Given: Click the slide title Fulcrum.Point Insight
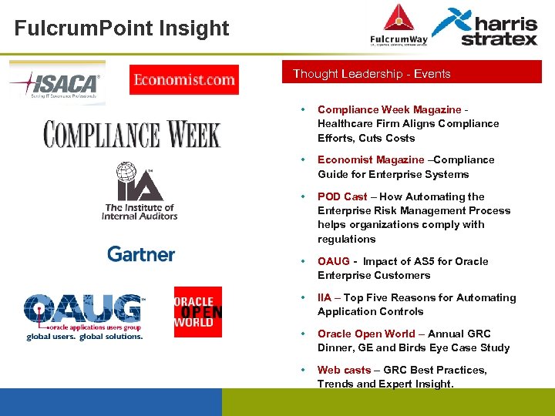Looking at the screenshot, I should (122, 29).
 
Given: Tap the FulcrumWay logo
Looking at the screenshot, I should (399, 27).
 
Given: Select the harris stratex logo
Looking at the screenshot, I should (486, 27).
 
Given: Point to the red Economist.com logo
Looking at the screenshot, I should (184, 79).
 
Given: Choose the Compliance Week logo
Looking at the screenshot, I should (132, 133).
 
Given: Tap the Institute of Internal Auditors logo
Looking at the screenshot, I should (140, 191).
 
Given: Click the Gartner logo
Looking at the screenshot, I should (141, 253).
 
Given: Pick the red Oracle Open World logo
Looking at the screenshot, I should (198, 311).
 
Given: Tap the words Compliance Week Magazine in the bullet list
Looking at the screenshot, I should (389, 109).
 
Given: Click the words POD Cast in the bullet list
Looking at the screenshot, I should (342, 196).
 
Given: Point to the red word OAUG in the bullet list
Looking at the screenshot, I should (333, 261).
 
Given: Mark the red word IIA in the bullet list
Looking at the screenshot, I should (325, 297).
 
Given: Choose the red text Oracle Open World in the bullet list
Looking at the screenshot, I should (366, 334).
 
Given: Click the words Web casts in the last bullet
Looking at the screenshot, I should (344, 370).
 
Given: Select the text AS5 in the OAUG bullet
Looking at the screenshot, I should (415, 261).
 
